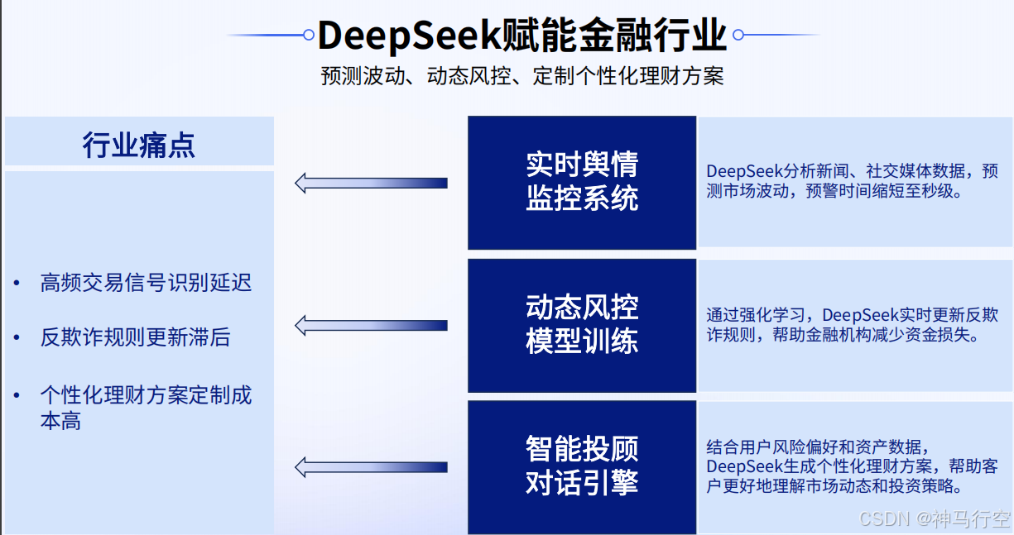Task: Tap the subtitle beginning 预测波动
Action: [x=522, y=76]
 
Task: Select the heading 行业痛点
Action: [x=139, y=145]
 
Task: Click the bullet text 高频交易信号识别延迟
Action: [x=146, y=283]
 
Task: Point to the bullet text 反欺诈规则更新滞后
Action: [x=135, y=337]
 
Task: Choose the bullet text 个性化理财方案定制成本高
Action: [x=146, y=407]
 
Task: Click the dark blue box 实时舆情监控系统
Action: [x=582, y=182]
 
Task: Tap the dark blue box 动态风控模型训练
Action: [x=582, y=324]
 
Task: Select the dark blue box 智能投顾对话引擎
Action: [x=582, y=466]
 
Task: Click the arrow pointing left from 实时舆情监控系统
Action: [x=371, y=183]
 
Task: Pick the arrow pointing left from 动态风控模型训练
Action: [x=371, y=325]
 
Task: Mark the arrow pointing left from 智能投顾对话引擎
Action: [x=371, y=467]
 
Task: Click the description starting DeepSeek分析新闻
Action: [x=852, y=181]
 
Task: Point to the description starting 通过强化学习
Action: [x=852, y=325]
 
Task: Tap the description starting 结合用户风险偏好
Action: [x=852, y=466]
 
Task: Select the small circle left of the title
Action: [x=309, y=36]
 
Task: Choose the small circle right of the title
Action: [x=738, y=36]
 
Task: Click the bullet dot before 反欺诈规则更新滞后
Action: [x=17, y=338]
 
